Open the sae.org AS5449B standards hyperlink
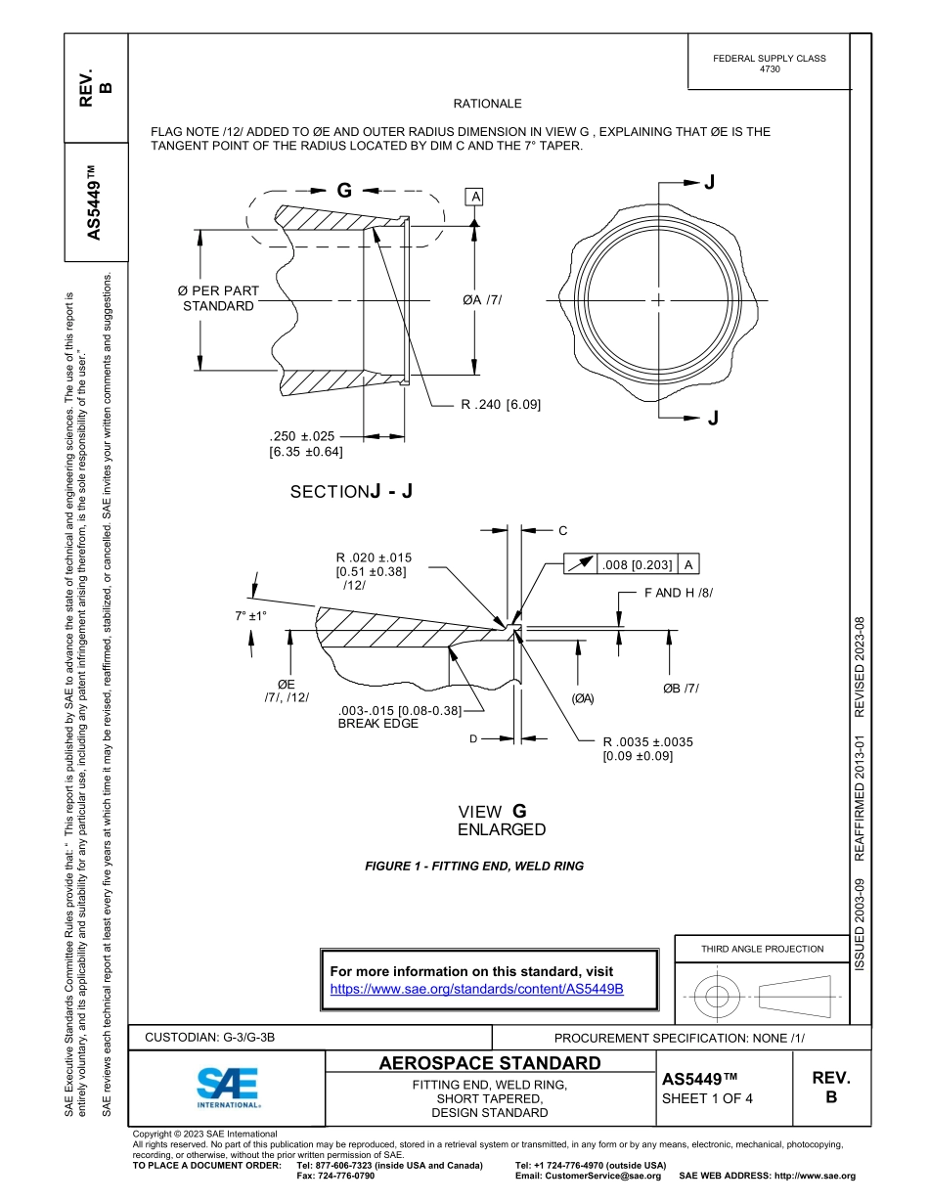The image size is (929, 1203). click(477, 989)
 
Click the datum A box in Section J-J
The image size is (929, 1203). click(476, 198)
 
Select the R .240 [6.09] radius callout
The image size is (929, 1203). click(501, 404)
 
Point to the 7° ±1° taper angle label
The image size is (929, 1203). click(251, 616)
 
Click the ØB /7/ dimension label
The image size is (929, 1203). click(681, 689)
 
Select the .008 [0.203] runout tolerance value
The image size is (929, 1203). click(638, 564)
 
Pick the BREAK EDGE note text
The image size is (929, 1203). click(377, 724)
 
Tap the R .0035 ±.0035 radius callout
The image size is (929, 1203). click(647, 742)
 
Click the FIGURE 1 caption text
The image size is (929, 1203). click(473, 866)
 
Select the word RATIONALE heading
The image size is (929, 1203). click(487, 104)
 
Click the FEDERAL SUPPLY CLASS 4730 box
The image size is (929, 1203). click(770, 64)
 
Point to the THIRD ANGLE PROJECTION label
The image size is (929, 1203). click(762, 949)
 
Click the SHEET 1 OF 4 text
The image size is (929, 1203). click(707, 1097)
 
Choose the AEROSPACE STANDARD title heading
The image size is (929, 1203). click(490, 1063)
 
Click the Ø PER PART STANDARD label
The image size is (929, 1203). click(218, 298)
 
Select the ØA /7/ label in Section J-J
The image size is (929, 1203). click(482, 299)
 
